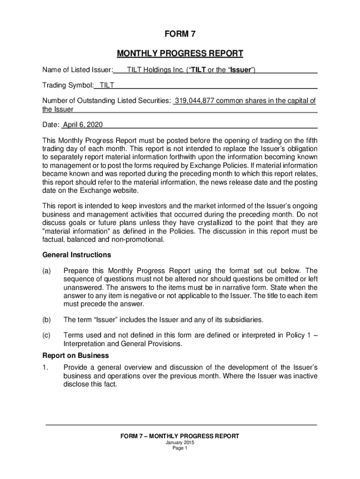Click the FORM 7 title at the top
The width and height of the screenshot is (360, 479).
[x=180, y=34]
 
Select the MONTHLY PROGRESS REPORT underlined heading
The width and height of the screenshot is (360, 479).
[x=180, y=53]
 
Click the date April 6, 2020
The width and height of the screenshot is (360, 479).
[x=83, y=125]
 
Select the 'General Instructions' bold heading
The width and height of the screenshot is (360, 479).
[x=77, y=255]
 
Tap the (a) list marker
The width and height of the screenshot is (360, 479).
[x=47, y=271]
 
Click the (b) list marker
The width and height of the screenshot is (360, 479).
[x=47, y=320]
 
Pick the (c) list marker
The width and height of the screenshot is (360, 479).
[x=47, y=335]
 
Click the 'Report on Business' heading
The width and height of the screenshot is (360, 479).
[x=76, y=356]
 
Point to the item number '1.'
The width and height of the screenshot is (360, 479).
[x=45, y=367]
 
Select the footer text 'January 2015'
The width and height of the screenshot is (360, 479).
[x=180, y=443]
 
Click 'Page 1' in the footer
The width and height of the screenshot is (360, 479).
[x=180, y=448]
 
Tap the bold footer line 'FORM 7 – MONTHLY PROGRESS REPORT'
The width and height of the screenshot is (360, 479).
[x=180, y=436]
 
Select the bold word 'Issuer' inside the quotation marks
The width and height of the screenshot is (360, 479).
[x=241, y=70]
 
